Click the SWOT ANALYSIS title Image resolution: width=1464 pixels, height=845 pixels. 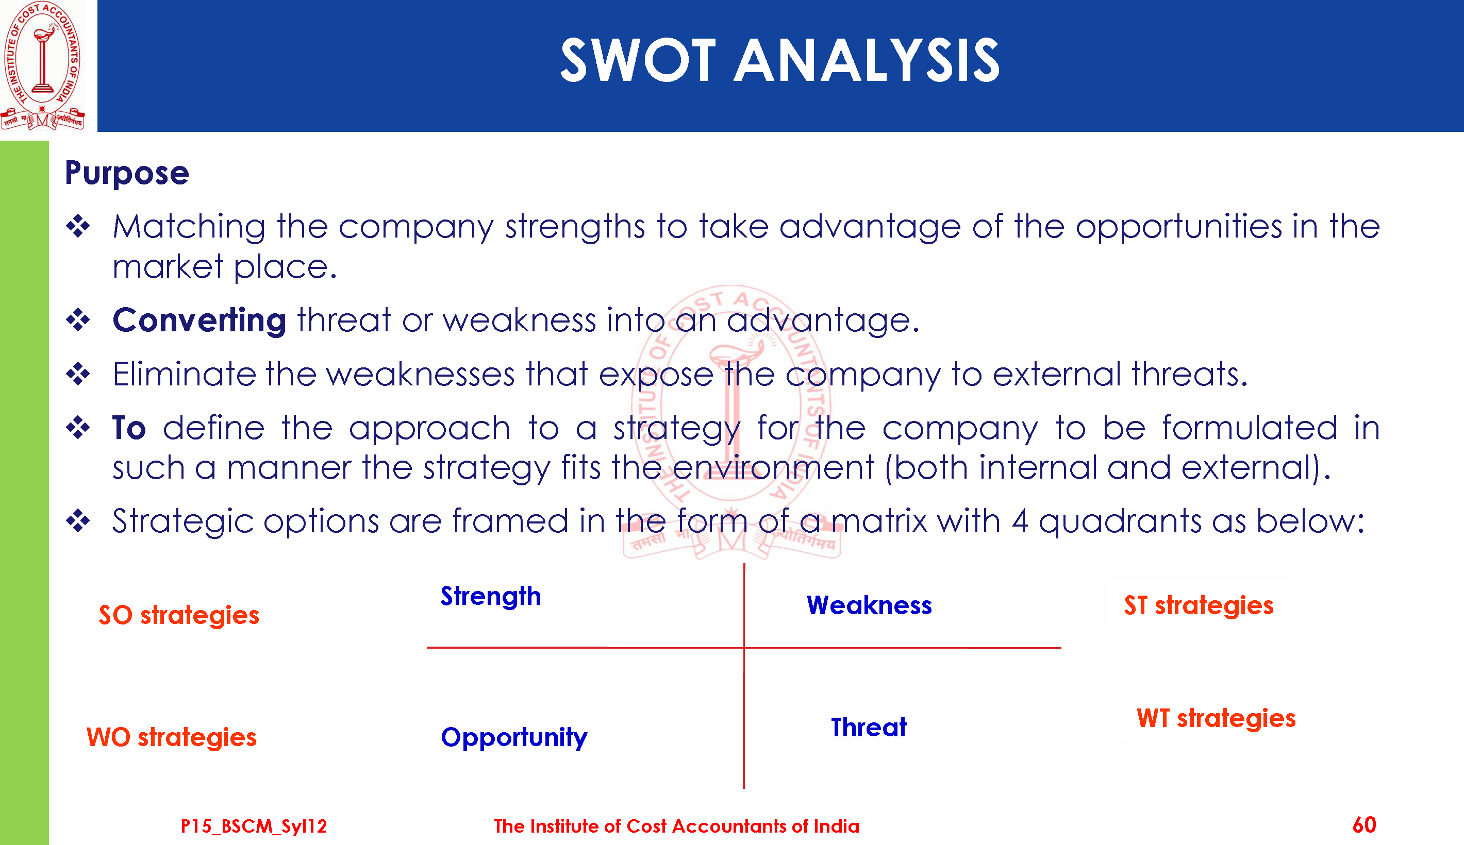point(779,60)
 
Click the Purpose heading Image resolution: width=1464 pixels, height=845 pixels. point(126,173)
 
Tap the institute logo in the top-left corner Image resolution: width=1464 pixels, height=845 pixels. point(42,65)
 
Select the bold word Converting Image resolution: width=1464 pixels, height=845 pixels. point(199,320)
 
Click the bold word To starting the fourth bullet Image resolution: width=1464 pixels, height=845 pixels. point(129,428)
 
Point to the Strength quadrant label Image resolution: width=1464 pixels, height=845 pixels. point(491,597)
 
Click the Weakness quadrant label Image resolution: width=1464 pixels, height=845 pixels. point(869,605)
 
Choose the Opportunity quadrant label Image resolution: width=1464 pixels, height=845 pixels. point(514,738)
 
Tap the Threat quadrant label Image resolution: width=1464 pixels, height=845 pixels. point(869,727)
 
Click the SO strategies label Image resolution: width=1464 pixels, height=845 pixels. point(179,615)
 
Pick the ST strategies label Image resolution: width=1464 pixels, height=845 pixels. point(1199,606)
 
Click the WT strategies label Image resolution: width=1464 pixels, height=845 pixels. point(1216,718)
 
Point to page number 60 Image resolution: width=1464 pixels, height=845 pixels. point(1364,825)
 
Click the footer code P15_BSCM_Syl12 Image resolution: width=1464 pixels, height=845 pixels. point(254,826)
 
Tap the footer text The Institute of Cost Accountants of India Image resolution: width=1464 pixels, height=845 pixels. point(676,826)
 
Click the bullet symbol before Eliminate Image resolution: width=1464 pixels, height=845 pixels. point(78,374)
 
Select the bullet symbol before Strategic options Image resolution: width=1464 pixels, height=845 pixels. point(78,520)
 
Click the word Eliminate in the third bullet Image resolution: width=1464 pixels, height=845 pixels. point(184,375)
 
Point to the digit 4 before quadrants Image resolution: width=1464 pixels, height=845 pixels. point(1020,521)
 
